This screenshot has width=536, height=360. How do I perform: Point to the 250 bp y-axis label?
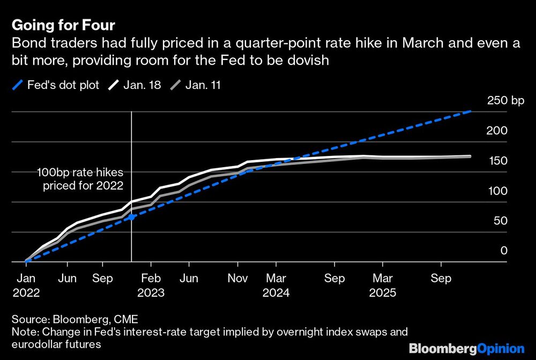(x=506, y=101)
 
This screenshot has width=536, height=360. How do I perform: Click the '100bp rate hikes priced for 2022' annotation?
(x=80, y=179)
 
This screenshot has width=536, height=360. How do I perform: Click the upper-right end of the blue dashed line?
(x=471, y=111)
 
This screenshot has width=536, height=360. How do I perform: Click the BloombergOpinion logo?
(x=466, y=348)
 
